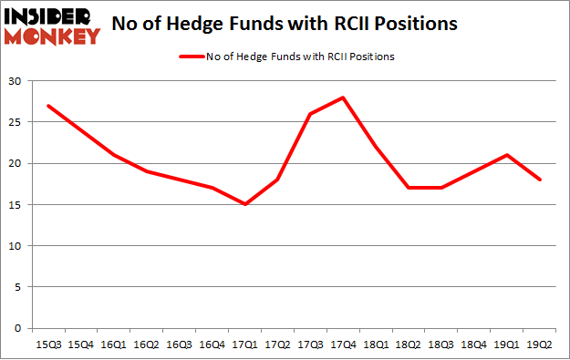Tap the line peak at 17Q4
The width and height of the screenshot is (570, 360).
pyautogui.click(x=344, y=98)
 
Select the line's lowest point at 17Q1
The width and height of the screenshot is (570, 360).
pyautogui.click(x=245, y=204)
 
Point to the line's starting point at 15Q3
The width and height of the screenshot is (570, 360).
pyautogui.click(x=47, y=106)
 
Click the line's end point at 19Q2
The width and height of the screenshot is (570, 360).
pyautogui.click(x=541, y=180)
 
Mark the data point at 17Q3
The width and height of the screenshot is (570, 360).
pyautogui.click(x=311, y=114)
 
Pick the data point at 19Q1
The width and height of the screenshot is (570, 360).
pyautogui.click(x=508, y=155)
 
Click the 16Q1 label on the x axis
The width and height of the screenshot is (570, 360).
pyautogui.click(x=113, y=344)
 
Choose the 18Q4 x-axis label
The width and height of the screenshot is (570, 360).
pyautogui.click(x=475, y=344)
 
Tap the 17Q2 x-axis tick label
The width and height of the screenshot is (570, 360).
pyautogui.click(x=278, y=344)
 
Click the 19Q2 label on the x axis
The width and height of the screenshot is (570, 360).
pyautogui.click(x=541, y=344)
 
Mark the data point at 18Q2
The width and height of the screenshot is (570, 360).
pyautogui.click(x=409, y=188)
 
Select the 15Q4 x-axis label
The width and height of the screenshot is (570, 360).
pyautogui.click(x=80, y=344)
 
